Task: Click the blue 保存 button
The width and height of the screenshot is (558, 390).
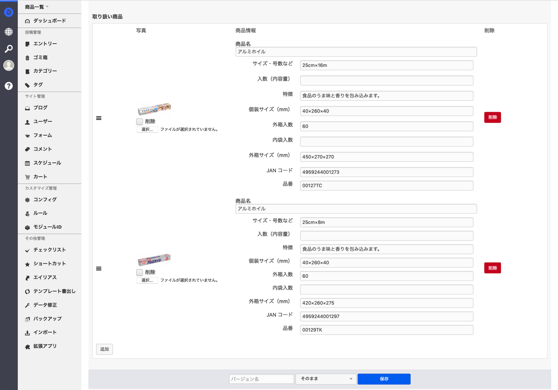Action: coord(384,379)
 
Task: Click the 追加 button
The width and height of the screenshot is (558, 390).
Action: coord(105,349)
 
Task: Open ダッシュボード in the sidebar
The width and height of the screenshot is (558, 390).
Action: coord(49,21)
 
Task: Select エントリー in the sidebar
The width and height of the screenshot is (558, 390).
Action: coord(45,44)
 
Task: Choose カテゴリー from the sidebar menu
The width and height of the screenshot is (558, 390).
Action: coord(45,71)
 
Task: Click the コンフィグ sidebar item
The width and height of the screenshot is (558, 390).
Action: coord(45,200)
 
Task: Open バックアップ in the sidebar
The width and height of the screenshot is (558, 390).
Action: coord(47,319)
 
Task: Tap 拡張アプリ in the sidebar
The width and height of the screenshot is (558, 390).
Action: coord(45,346)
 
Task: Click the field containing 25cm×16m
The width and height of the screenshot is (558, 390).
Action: coord(387,65)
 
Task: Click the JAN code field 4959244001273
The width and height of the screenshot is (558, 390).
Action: coord(387,172)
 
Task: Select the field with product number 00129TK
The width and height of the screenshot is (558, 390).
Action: coord(387,330)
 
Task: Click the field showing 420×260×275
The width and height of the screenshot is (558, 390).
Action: coord(387,303)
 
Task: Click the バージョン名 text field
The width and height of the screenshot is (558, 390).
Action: coord(262,379)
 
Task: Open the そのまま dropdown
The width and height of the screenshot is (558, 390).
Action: coord(326,379)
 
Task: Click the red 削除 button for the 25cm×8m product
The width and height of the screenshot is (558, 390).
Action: coord(493,268)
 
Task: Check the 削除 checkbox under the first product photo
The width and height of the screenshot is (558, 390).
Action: coord(139,122)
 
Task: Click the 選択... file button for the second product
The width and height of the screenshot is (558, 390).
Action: coord(147,280)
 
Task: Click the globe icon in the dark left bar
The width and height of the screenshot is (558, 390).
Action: coord(9,32)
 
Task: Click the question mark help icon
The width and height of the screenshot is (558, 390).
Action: coord(9,86)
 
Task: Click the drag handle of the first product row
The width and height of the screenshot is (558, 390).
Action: coord(99,118)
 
